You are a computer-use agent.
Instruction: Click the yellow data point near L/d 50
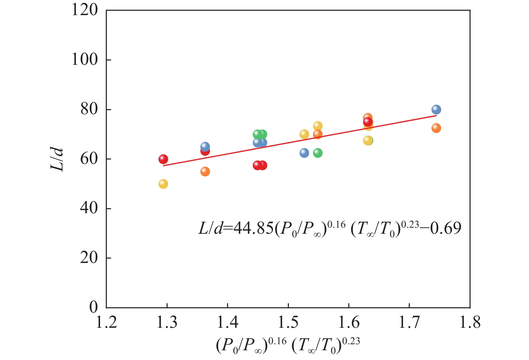pyautogui.click(x=163, y=184)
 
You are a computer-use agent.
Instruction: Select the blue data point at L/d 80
pyautogui.click(x=436, y=109)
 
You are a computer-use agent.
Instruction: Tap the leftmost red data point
pyautogui.click(x=163, y=159)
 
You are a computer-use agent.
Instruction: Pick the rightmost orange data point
pyautogui.click(x=436, y=128)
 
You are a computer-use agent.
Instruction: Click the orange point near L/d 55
pyautogui.click(x=205, y=172)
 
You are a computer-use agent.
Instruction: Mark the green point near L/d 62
pyautogui.click(x=318, y=153)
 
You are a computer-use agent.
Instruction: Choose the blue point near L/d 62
pyautogui.click(x=304, y=153)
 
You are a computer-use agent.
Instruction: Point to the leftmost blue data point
pyautogui.click(x=205, y=146)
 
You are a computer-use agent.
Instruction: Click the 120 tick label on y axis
pyautogui.click(x=85, y=10)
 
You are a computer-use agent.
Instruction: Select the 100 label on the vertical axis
pyautogui.click(x=85, y=60)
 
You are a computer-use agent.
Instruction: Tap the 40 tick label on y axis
pyautogui.click(x=89, y=209)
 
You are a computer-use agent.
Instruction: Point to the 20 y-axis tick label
pyautogui.click(x=89, y=258)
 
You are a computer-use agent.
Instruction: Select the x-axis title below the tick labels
pyautogui.click(x=288, y=345)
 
